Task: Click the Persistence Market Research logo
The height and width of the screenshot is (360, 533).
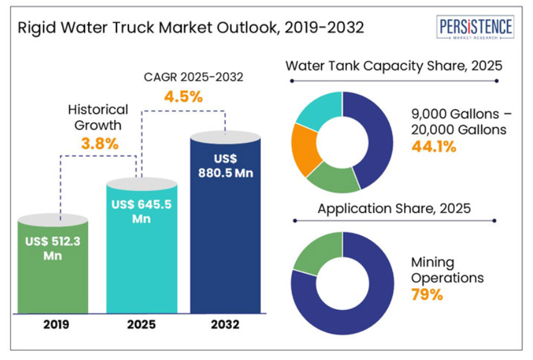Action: coord(475,28)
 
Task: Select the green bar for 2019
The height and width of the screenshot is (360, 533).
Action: coord(53,273)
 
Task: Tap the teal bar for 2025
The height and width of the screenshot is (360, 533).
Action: coord(142,260)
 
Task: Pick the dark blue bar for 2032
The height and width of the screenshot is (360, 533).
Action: coord(225,248)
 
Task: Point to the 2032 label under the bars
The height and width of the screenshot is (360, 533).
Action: coord(225,325)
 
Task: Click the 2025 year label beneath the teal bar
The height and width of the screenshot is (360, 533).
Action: coord(142,325)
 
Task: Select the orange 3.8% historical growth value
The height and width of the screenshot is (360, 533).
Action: coord(100,144)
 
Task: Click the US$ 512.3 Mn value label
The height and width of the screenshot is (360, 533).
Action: coord(53,248)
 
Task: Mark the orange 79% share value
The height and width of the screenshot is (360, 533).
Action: coord(428,294)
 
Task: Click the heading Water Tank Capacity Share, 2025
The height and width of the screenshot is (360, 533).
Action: coord(393,66)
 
